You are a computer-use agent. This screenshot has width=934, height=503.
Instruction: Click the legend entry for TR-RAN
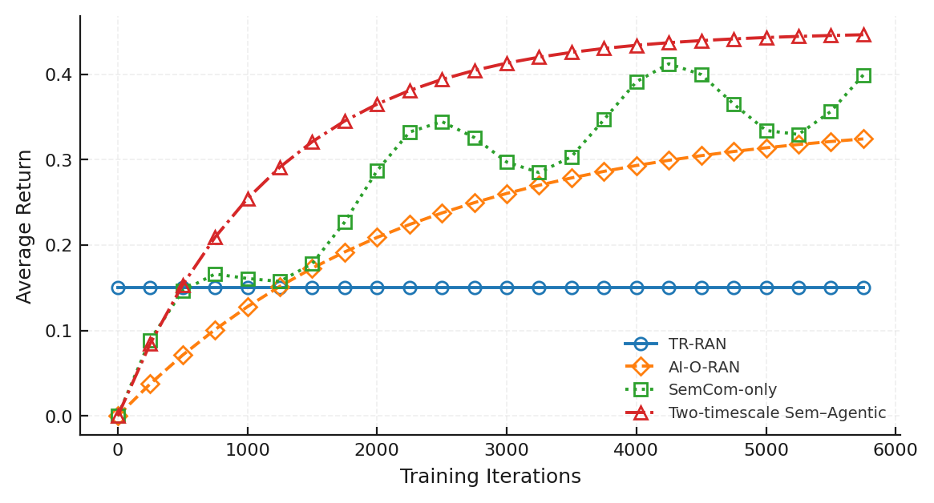tap(697, 344)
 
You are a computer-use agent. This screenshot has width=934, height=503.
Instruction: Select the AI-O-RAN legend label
tap(704, 368)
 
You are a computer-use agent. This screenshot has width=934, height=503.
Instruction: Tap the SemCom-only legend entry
tap(722, 390)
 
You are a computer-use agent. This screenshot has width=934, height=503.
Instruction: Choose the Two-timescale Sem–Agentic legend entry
tap(777, 413)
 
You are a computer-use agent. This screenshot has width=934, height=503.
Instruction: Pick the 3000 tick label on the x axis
tap(507, 449)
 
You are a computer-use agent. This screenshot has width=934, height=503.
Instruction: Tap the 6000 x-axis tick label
tap(896, 449)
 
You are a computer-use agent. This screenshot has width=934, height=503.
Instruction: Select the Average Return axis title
tap(25, 226)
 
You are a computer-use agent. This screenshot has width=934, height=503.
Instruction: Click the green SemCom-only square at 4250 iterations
tap(669, 64)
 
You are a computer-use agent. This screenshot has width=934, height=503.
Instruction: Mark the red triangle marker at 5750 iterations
tap(863, 35)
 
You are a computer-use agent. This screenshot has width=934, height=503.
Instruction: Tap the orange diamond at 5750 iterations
tap(863, 139)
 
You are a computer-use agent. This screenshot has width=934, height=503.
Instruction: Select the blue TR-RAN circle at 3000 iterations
tap(507, 288)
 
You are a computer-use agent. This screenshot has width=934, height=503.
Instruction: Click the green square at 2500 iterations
tap(442, 122)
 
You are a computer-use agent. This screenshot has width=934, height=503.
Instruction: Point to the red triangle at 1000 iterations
tap(248, 199)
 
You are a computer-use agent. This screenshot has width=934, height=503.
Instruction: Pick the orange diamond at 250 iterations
tap(150, 384)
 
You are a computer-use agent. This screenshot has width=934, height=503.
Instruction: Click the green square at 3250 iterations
tap(539, 172)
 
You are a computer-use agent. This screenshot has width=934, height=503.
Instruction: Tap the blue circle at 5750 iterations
tap(863, 288)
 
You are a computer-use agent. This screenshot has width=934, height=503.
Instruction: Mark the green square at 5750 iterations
tap(863, 76)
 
